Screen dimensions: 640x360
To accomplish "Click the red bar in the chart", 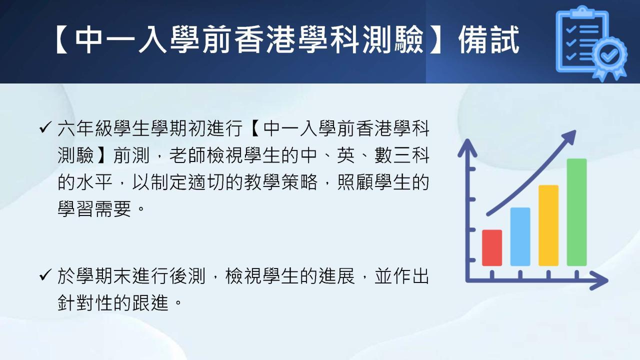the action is click(491, 247).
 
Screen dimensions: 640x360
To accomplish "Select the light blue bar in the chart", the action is click(520, 236).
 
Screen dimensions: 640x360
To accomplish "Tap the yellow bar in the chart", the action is click(548, 225).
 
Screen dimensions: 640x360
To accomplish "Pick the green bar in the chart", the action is click(576, 212).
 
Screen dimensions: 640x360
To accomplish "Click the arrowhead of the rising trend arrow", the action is click(569, 137).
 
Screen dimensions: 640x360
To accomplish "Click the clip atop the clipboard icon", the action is click(582, 12).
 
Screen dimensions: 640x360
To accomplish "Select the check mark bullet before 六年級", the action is click(45, 127).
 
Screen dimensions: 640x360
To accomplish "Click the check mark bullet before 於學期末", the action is click(45, 275).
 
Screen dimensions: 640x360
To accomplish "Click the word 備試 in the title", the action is click(489, 39).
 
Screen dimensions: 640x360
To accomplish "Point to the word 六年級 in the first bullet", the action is click(85, 128).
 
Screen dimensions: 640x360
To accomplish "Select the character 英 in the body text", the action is click(345, 155).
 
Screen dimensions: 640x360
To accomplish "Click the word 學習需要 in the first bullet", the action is click(94, 208).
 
